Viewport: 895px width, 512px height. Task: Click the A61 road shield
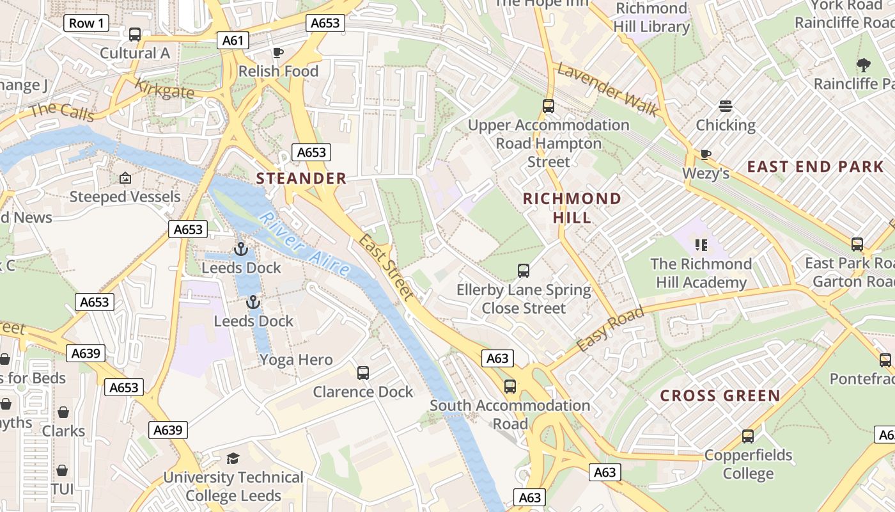point(233,41)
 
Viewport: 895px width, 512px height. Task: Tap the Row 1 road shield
point(86,24)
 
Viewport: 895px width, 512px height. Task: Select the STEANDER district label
point(301,179)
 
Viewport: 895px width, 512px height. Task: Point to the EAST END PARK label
point(815,167)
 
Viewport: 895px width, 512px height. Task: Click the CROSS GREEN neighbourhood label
point(720,396)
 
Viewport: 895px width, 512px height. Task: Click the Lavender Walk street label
point(607,90)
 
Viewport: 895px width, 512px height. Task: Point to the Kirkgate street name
point(164,89)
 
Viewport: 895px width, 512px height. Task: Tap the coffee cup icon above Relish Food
point(277,52)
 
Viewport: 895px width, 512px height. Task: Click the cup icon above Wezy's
point(705,154)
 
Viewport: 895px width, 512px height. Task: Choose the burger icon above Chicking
point(725,106)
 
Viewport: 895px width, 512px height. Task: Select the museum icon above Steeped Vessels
point(125,178)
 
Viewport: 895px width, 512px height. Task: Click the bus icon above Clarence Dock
point(363,372)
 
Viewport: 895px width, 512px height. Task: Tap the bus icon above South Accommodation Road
point(510,386)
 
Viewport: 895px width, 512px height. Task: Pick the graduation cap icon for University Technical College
point(233,458)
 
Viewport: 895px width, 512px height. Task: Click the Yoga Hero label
point(296,360)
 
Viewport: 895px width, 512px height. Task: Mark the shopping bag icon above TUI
point(62,471)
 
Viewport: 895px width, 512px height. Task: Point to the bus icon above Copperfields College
point(747,436)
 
